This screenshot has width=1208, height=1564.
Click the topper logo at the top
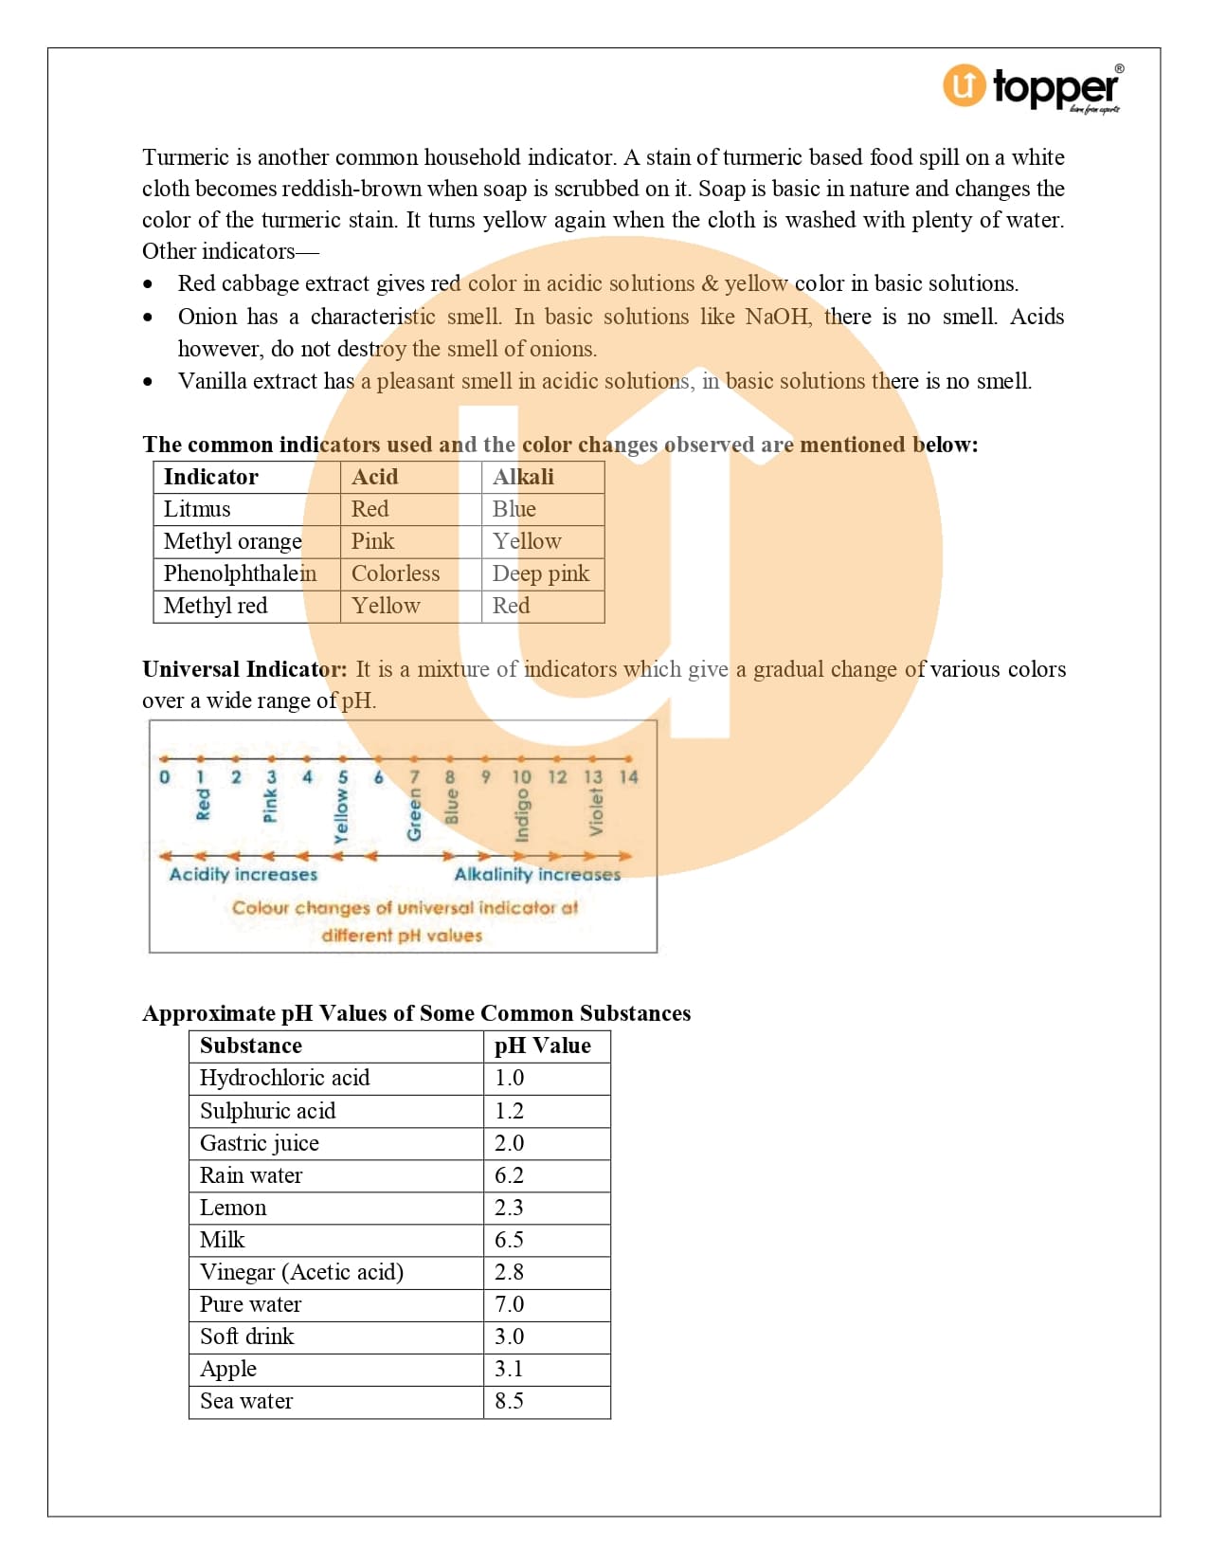1032,87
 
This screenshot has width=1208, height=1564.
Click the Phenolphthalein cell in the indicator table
240,573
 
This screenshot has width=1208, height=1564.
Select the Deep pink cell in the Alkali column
540,573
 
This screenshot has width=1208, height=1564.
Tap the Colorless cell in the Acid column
395,573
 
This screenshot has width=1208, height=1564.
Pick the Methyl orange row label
232,541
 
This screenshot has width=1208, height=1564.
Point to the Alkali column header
523,477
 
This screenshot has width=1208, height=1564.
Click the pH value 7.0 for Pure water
509,1304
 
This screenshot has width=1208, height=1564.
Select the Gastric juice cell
259,1143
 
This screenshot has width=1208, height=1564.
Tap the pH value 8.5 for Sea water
509,1401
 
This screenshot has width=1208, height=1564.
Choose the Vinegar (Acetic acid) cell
301,1272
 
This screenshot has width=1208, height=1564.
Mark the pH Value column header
542,1046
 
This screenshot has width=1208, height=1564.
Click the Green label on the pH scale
414,816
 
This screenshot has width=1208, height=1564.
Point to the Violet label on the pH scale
595,812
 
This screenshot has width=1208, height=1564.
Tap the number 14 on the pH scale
628,777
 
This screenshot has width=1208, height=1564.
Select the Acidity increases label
243,874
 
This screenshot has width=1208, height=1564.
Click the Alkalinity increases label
537,874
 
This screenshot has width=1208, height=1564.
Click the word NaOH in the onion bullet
778,317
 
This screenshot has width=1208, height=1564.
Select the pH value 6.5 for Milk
509,1240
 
